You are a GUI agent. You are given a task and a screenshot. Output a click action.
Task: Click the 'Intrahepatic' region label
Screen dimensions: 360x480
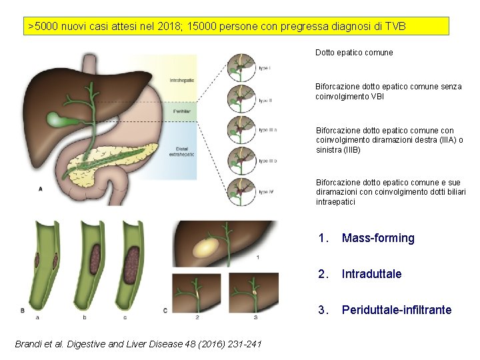(182, 81)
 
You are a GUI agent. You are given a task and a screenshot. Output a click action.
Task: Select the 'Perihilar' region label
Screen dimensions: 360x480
(182, 112)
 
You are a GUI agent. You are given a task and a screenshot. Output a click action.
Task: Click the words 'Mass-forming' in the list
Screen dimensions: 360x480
(378, 238)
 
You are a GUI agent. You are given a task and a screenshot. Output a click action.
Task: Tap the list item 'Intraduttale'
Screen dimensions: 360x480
(372, 274)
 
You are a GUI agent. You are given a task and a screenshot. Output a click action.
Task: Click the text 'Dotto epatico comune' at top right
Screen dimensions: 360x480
(354, 52)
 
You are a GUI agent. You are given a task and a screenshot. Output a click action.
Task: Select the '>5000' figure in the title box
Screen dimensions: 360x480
(42, 27)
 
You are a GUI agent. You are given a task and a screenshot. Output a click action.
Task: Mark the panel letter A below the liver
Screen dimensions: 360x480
(41, 189)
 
